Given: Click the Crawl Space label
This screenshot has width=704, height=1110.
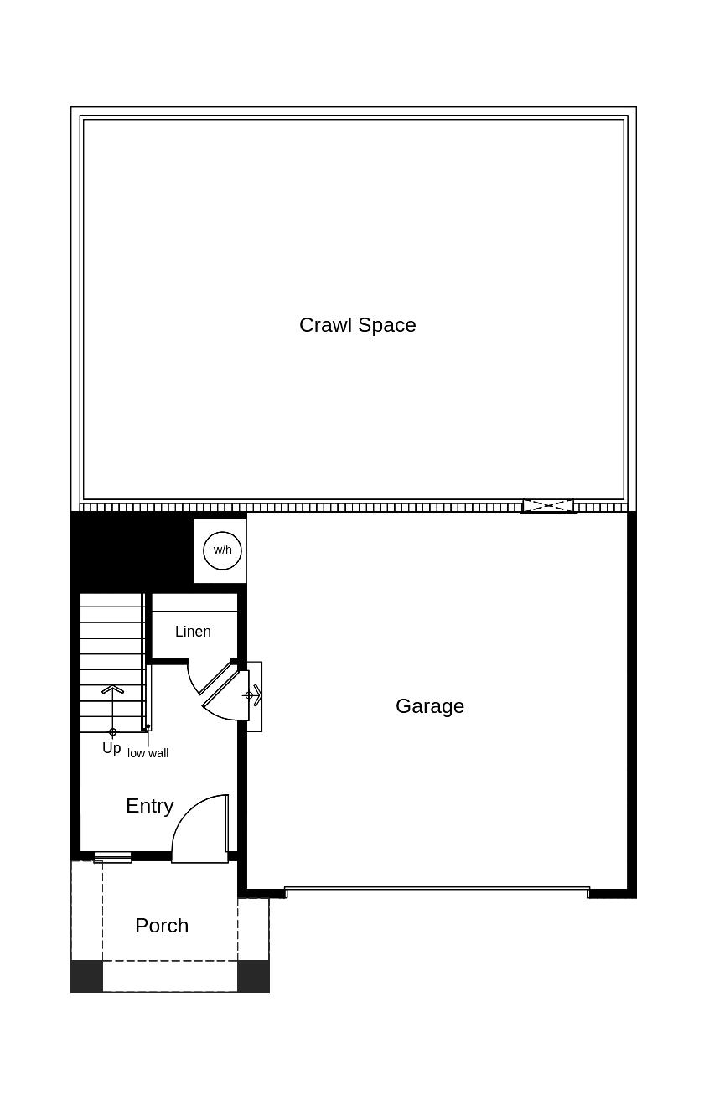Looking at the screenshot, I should pyautogui.click(x=357, y=325).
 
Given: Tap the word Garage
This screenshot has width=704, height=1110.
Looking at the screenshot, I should pyautogui.click(x=429, y=706).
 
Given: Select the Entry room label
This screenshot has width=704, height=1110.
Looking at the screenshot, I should pyautogui.click(x=149, y=806).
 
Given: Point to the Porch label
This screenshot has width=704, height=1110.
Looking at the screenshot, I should pyautogui.click(x=162, y=926).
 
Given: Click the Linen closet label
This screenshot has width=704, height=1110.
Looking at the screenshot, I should pyautogui.click(x=193, y=632).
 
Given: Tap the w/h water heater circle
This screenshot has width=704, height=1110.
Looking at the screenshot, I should pyautogui.click(x=223, y=550).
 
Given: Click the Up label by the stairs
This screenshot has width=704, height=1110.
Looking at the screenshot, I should pyautogui.click(x=111, y=748).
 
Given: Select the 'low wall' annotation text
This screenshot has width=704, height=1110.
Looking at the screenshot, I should pyautogui.click(x=148, y=753).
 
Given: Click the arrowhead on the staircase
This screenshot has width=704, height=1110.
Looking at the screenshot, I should pyautogui.click(x=112, y=689).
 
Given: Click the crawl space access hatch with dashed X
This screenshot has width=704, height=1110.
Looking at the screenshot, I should pyautogui.click(x=548, y=506).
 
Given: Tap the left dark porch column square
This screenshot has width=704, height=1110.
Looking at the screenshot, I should pyautogui.click(x=86, y=976).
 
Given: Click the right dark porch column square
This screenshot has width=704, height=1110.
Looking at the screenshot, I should pyautogui.click(x=253, y=976).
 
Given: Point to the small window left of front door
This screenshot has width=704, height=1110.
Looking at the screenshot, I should pyautogui.click(x=112, y=857).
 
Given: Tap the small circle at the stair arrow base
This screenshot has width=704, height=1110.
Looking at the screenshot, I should pyautogui.click(x=112, y=732).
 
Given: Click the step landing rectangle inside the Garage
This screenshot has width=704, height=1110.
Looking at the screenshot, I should pyautogui.click(x=255, y=696).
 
